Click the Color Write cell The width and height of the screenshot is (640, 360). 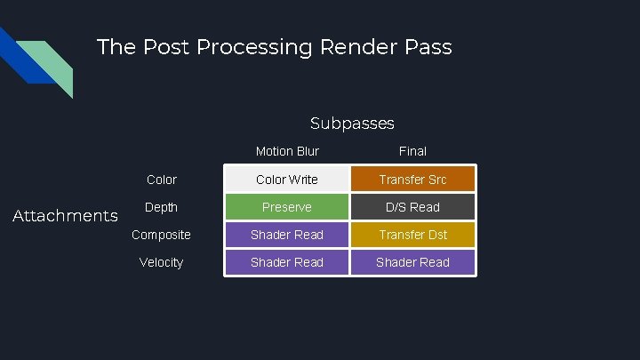tap(287, 180)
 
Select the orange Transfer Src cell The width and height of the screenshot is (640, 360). tap(412, 180)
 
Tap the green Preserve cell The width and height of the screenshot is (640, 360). tap(287, 207)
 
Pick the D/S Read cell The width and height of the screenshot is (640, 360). tap(412, 207)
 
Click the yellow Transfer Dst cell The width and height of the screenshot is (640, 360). tap(412, 235)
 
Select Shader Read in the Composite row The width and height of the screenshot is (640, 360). tap(287, 235)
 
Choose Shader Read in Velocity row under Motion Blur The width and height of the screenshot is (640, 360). tap(287, 262)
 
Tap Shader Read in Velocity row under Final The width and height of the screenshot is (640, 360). tap(412, 262)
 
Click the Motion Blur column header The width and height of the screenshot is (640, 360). tap(287, 151)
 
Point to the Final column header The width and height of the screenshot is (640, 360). tap(412, 151)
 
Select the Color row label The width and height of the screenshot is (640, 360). tap(162, 180)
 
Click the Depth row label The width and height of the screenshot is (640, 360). tap(162, 207)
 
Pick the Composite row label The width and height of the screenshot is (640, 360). tap(162, 235)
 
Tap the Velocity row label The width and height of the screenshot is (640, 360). tap(162, 262)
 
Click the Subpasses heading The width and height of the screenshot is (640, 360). tap(352, 124)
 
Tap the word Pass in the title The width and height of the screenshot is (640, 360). tap(428, 46)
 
